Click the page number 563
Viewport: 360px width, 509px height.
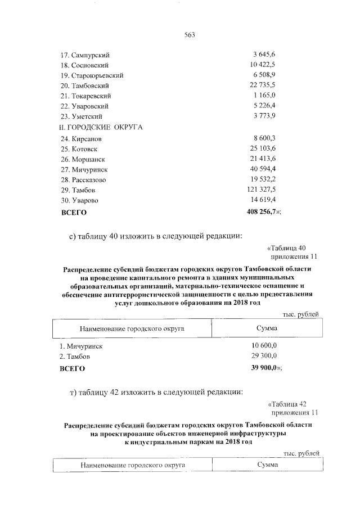189,35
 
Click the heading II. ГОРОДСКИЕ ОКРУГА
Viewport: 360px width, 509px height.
101,127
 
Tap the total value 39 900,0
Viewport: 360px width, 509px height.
263,368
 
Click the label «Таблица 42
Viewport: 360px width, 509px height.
287,404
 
